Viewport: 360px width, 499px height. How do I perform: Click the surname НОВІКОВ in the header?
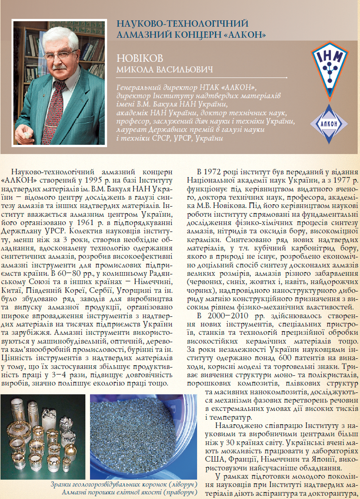coord(140,59)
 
